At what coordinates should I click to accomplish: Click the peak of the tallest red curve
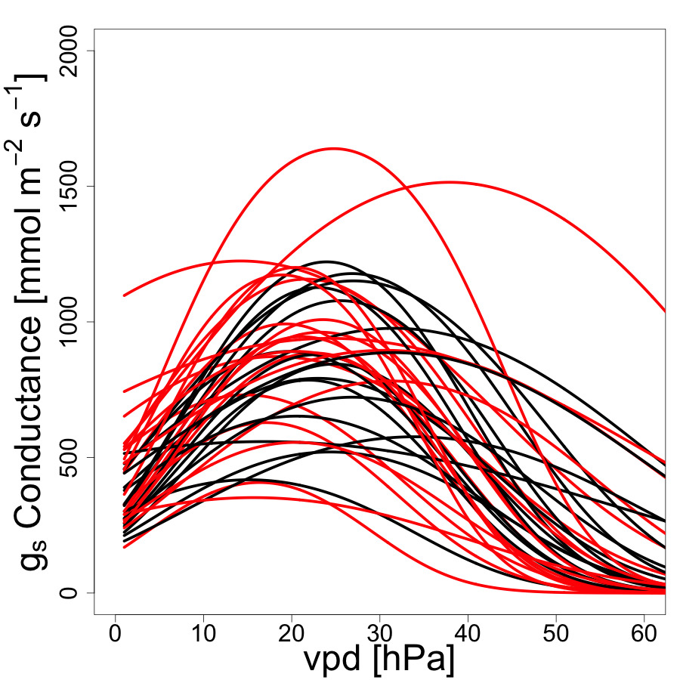pyautogui.click(x=334, y=148)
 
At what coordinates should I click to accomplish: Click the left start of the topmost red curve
pyautogui.click(x=124, y=295)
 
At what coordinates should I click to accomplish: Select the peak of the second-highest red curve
pyautogui.click(x=451, y=182)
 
